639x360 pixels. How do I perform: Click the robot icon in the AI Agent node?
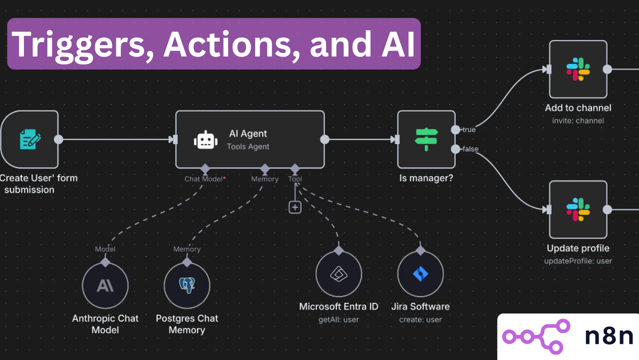click(x=206, y=140)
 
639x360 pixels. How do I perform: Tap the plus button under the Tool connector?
click(x=295, y=206)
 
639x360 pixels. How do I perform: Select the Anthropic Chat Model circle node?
click(x=105, y=285)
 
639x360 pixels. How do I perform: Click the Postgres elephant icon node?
click(x=187, y=285)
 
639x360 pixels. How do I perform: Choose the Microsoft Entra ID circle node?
click(x=338, y=273)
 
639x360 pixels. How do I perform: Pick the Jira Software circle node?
click(x=420, y=273)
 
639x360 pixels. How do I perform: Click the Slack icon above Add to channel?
click(x=578, y=69)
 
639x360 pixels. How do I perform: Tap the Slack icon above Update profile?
click(x=578, y=209)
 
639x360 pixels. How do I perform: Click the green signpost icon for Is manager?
click(x=426, y=139)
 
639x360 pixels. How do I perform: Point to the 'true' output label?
click(x=469, y=130)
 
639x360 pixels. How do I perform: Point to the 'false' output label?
click(x=470, y=149)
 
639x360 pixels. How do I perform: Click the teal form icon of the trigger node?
click(x=30, y=139)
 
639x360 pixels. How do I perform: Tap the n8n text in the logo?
click(x=609, y=336)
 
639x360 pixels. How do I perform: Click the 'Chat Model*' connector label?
click(x=205, y=179)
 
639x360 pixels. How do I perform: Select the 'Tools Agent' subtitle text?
click(x=248, y=147)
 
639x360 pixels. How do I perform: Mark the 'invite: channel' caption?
click(x=578, y=120)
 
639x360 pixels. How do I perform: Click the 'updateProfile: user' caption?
click(x=578, y=261)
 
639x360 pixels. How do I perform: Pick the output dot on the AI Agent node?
click(x=324, y=139)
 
